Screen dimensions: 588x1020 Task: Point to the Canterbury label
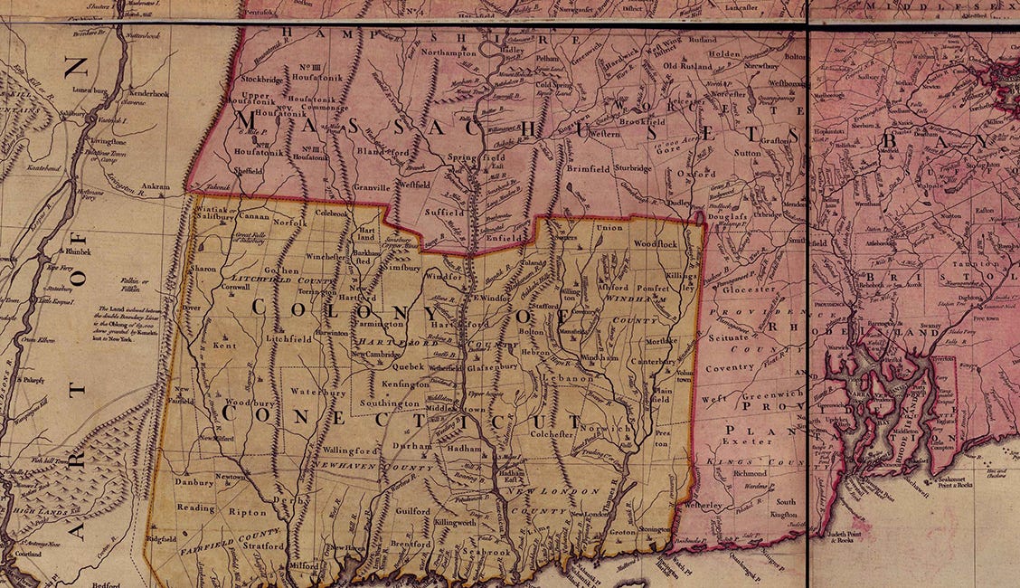(666, 362)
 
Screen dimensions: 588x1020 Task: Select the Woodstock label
(655, 244)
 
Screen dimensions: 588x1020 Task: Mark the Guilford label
(412, 511)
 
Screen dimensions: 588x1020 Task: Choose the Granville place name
(365, 187)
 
